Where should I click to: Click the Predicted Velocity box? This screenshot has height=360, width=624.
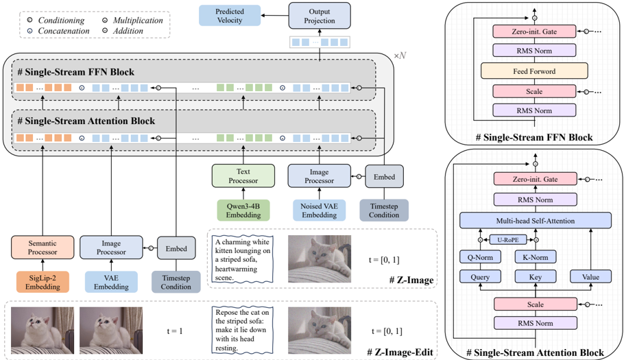[230, 16]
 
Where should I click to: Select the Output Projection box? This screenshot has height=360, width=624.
[320, 16]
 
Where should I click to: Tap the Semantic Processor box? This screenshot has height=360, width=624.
[43, 248]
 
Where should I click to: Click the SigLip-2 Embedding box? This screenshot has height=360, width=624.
[43, 282]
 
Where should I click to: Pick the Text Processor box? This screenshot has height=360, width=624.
[243, 176]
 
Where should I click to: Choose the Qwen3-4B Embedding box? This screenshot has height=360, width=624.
[243, 211]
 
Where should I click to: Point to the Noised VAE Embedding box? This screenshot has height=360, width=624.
[319, 211]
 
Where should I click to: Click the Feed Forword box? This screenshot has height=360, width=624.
[534, 71]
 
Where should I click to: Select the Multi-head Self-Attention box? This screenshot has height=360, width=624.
[536, 221]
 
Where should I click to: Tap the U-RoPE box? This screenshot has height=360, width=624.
[508, 240]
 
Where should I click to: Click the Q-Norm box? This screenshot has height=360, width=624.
[480, 257]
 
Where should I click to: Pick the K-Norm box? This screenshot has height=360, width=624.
[536, 257]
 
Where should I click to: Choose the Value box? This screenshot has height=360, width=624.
[590, 277]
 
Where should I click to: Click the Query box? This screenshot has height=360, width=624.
[480, 277]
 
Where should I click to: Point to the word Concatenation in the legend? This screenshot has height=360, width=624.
[64, 31]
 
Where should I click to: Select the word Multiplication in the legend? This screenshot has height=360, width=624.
[138, 21]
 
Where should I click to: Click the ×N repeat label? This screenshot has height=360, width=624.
[400, 56]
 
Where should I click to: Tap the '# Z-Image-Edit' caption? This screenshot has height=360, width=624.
[400, 352]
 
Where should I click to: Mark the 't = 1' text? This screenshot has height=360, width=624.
[175, 331]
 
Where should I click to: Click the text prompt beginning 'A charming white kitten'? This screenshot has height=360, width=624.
[242, 260]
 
